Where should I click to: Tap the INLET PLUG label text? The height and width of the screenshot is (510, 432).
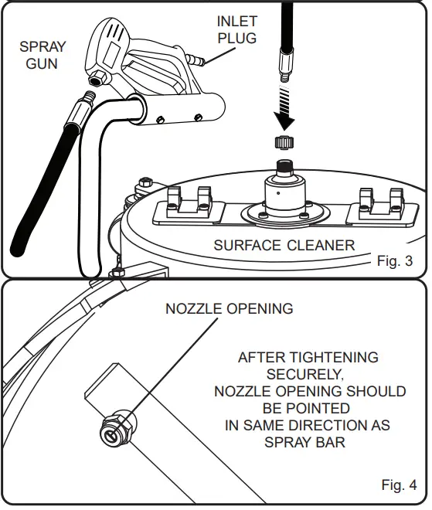tap(236, 30)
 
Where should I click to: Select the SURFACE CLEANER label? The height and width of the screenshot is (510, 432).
tap(284, 246)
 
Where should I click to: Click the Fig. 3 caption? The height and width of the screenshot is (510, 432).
tap(394, 261)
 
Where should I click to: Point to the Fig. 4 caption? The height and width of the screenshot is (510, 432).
tap(399, 485)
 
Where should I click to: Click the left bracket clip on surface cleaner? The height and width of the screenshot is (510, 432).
tap(185, 203)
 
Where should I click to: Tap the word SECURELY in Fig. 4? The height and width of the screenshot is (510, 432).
tap(308, 374)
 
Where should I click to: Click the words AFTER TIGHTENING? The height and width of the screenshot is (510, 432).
tap(308, 358)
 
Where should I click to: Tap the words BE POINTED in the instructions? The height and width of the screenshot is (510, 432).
tap(308, 408)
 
